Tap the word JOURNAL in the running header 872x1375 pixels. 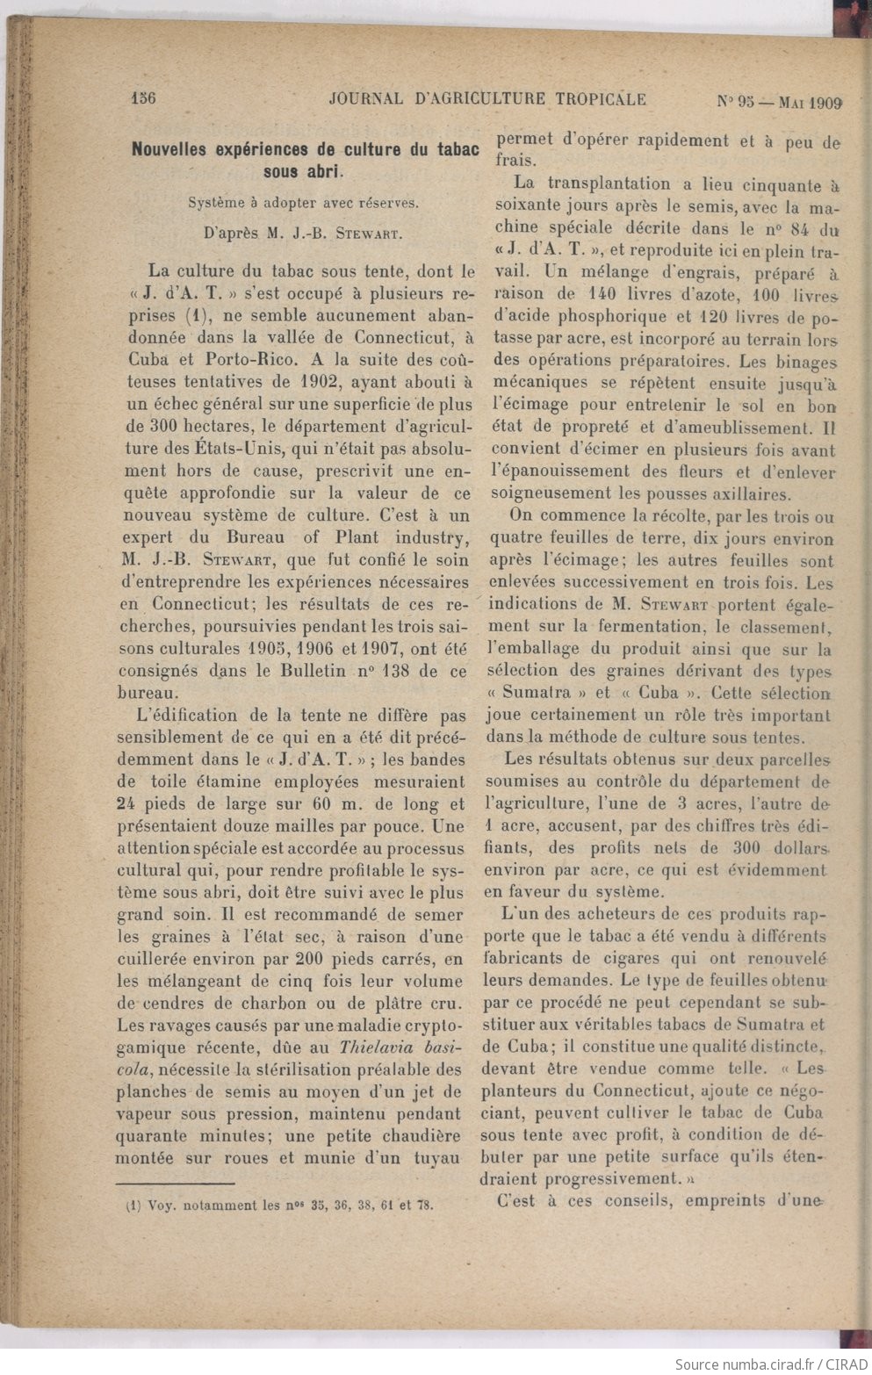coord(365,99)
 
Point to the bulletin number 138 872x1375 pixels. coord(393,671)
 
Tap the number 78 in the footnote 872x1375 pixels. coord(425,1206)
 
